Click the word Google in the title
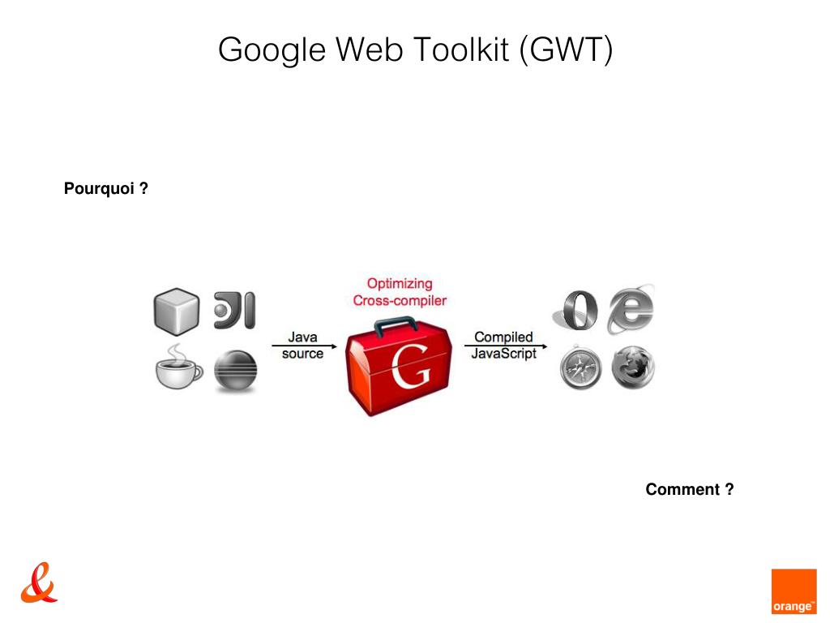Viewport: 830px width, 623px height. tap(272, 50)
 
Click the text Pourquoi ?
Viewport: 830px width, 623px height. tap(105, 189)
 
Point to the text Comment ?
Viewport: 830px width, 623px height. tap(690, 489)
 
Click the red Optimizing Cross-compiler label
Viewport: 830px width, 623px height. tap(400, 292)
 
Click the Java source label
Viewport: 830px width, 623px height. tap(302, 345)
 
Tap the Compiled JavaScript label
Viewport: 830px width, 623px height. tap(503, 345)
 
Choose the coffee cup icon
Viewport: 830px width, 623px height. tap(178, 370)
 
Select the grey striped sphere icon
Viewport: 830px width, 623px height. tap(235, 372)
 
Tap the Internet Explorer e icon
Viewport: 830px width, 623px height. tap(631, 308)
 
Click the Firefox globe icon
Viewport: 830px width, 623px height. tap(633, 369)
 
